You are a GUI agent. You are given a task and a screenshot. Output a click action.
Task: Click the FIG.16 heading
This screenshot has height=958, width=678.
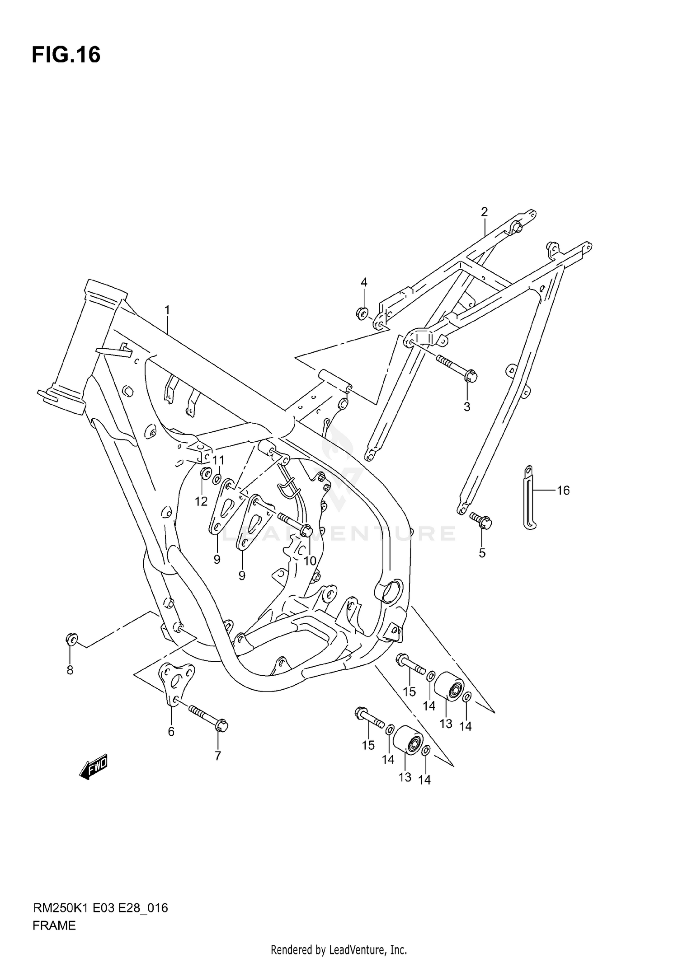[66, 55]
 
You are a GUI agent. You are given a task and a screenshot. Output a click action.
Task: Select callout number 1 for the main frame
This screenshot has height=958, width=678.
[167, 310]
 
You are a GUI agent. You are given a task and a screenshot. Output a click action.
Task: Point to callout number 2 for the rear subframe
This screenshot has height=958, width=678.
[484, 211]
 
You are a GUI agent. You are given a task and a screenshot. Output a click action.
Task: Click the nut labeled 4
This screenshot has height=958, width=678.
[362, 312]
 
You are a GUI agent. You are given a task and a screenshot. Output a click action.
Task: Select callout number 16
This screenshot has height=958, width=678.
[563, 490]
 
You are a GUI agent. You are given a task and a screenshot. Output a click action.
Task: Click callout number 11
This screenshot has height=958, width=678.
[218, 460]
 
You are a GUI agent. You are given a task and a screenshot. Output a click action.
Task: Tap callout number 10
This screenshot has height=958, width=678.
[310, 561]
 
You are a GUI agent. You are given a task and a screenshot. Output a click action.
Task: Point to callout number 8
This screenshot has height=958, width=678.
[70, 670]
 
